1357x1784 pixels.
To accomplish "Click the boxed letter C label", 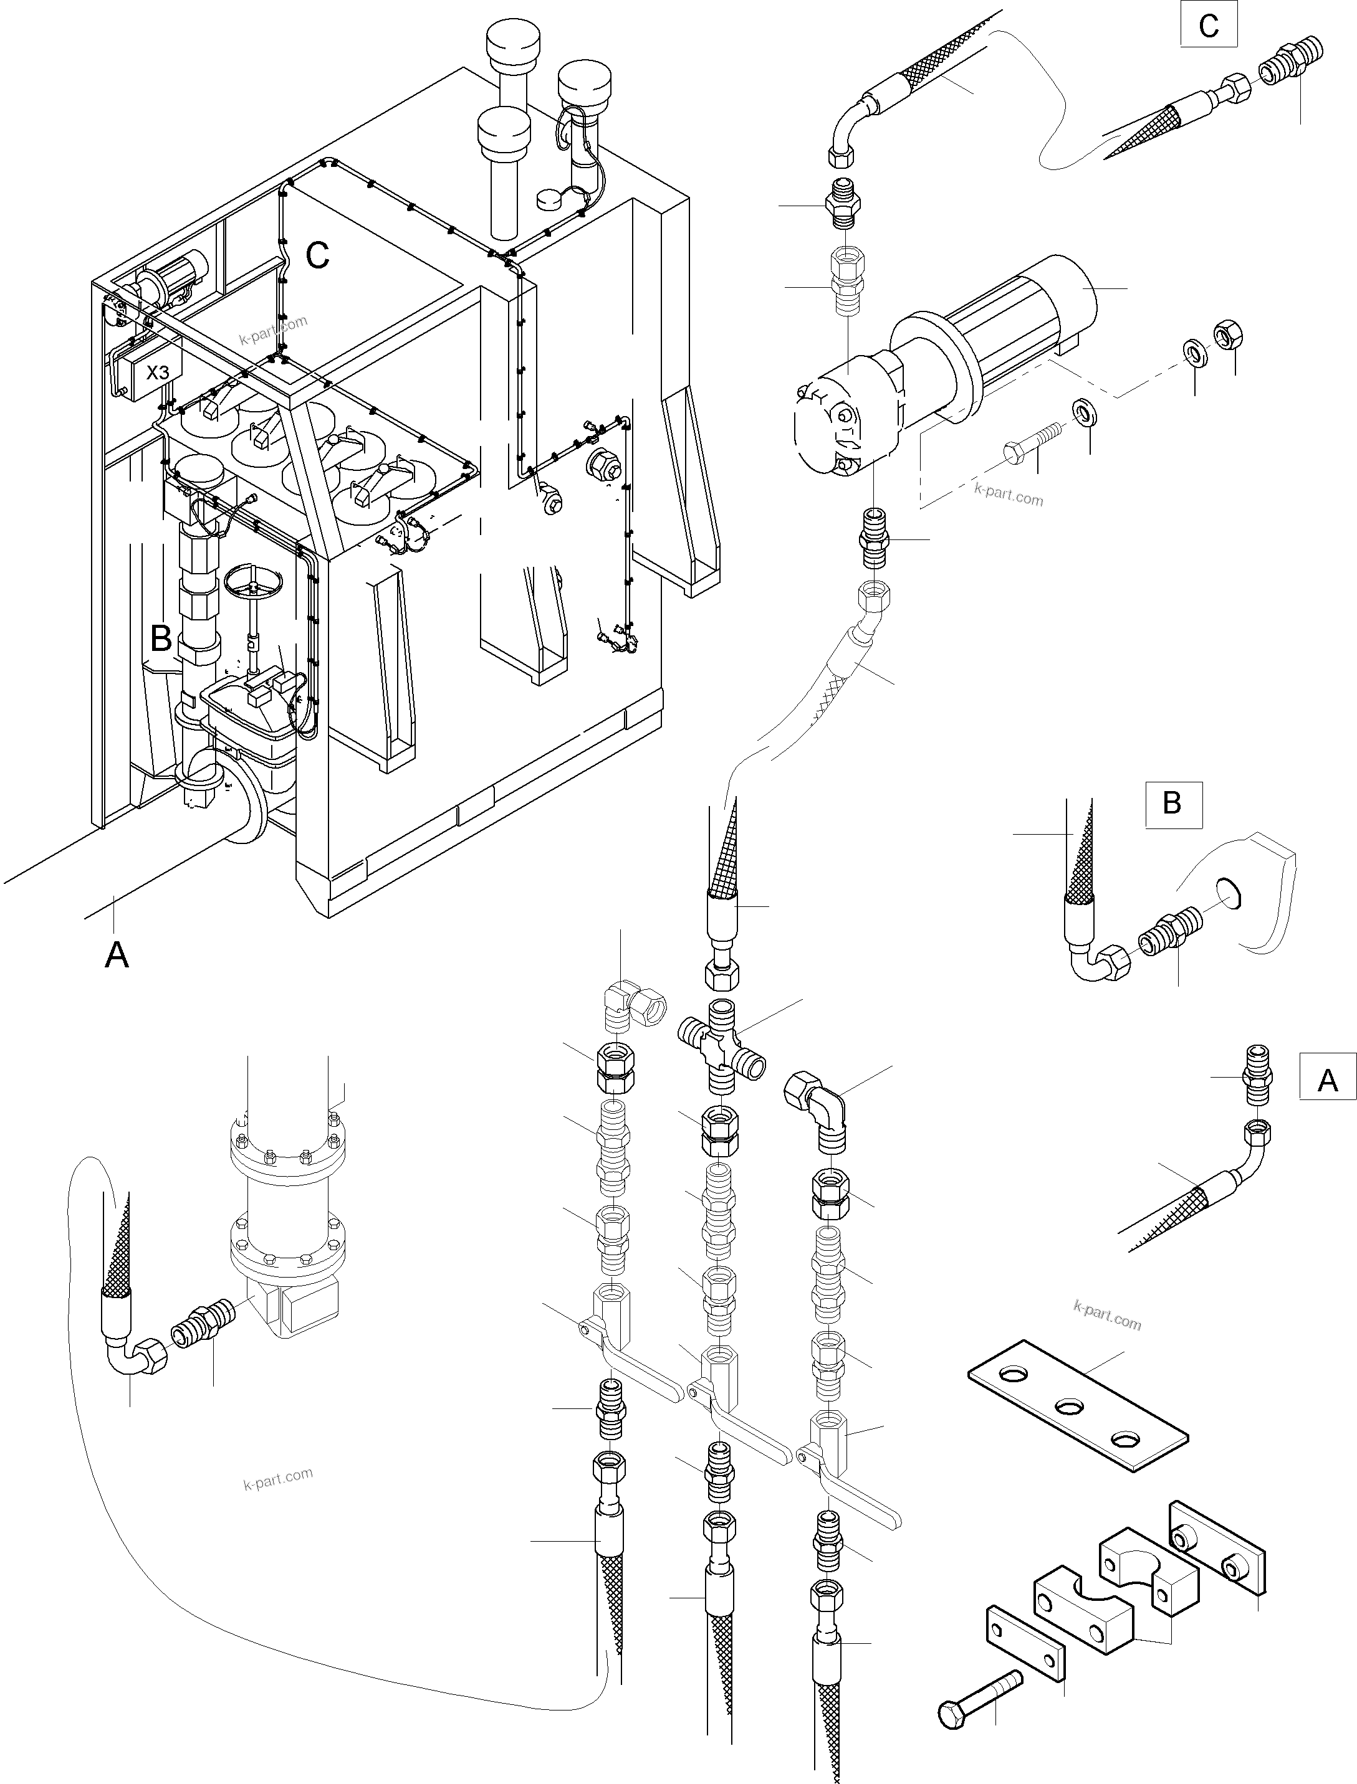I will pos(1209,27).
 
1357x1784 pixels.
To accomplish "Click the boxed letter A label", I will pos(1327,1079).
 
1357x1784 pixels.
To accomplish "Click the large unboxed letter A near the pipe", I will pos(117,955).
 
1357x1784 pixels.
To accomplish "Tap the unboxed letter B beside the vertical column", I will pos(161,638).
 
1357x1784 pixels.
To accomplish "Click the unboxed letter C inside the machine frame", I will pos(317,255).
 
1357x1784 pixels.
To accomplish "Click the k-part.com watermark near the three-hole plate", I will pos(1108,1316).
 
